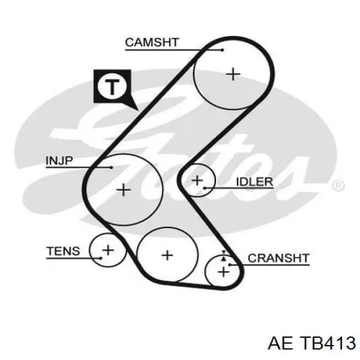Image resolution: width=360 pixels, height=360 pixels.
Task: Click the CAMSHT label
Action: (x=152, y=42)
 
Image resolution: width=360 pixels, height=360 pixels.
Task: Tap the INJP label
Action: (x=59, y=160)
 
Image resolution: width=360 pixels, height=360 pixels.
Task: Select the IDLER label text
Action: (x=254, y=182)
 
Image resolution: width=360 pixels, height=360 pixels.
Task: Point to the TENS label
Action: (x=63, y=251)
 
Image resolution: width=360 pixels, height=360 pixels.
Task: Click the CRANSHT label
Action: (x=278, y=258)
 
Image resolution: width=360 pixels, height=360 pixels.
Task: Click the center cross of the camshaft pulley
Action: (x=233, y=74)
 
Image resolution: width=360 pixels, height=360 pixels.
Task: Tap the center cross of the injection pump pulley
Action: (x=124, y=190)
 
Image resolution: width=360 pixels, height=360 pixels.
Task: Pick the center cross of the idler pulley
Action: (x=197, y=180)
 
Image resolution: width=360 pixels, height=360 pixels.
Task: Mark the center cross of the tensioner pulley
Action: (x=108, y=250)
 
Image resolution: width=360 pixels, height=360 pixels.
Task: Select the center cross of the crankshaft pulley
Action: (x=223, y=272)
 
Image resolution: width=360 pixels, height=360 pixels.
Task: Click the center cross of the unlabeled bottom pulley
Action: (x=167, y=256)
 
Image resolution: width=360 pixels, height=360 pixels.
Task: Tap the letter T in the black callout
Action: (x=112, y=87)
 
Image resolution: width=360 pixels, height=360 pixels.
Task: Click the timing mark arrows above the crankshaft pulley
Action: (x=224, y=256)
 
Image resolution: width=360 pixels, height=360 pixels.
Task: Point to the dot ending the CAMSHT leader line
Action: (x=222, y=50)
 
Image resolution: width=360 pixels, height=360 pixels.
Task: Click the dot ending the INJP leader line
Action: (x=112, y=167)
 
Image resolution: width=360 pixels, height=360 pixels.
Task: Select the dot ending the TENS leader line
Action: (x=101, y=258)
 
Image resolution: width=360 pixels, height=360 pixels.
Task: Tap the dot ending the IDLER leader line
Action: (x=205, y=188)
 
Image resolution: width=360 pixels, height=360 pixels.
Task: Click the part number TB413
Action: (x=328, y=343)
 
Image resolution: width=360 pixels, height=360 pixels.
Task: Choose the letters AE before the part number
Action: (x=281, y=343)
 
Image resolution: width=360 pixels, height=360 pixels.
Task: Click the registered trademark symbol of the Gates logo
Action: (x=338, y=185)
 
